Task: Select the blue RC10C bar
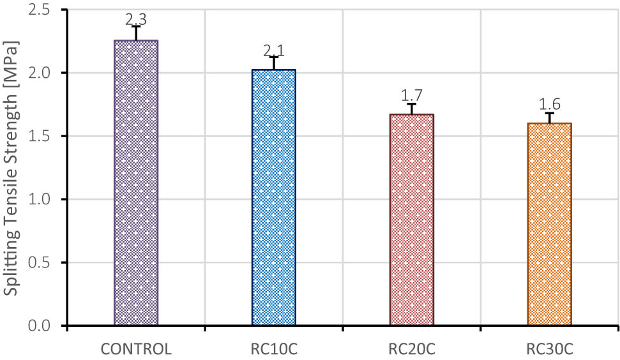point(273,198)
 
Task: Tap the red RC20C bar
point(412,220)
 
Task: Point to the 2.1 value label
point(273,50)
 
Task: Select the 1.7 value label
point(412,95)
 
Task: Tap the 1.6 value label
point(550,105)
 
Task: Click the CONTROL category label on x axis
point(136,349)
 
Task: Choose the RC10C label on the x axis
point(273,349)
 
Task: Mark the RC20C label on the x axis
point(412,349)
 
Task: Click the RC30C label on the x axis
point(550,349)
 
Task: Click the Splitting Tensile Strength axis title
point(11,168)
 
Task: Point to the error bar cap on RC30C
point(550,113)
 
